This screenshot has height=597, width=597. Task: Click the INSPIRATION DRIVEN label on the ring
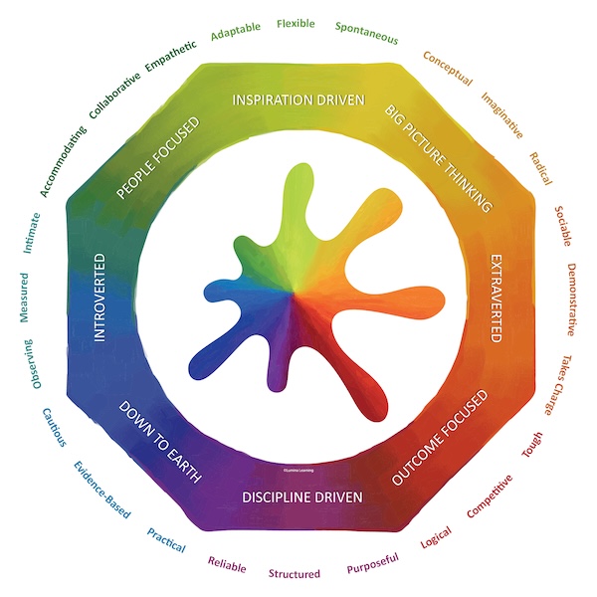click(298, 100)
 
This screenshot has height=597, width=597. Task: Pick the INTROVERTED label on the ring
click(99, 298)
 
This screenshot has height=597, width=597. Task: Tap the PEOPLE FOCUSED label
click(158, 158)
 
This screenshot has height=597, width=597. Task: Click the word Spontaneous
click(366, 33)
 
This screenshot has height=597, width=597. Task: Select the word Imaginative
click(502, 113)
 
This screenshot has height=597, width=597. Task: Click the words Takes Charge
click(557, 385)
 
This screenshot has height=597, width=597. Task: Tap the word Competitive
click(490, 496)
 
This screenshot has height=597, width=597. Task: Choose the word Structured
click(295, 574)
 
